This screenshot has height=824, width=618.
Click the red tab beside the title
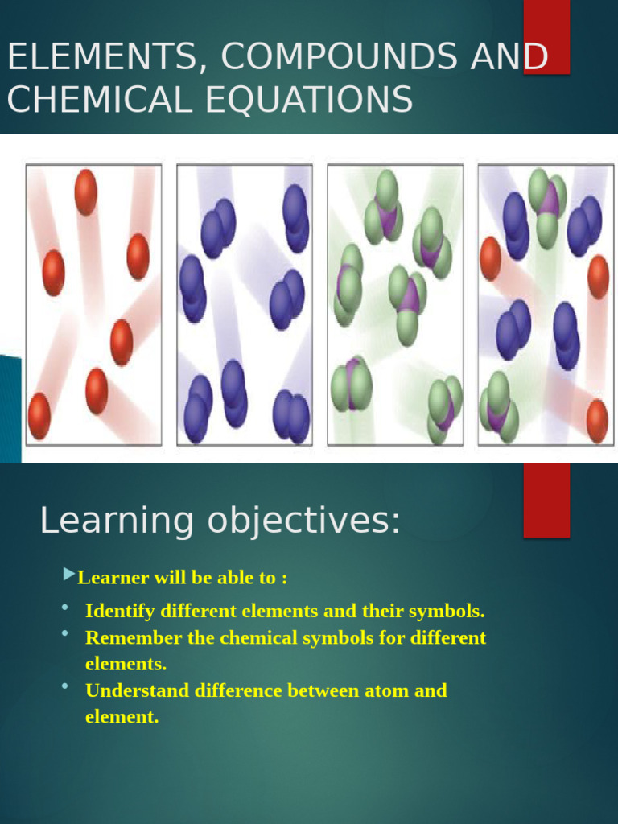546,36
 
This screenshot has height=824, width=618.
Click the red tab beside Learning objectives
546,500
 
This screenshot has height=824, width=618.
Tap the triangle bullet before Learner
68,575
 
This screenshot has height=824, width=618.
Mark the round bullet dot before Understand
64,686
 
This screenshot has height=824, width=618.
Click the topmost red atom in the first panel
85,192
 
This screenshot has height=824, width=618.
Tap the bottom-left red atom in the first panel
39,416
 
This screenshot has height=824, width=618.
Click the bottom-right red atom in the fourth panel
596,420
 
